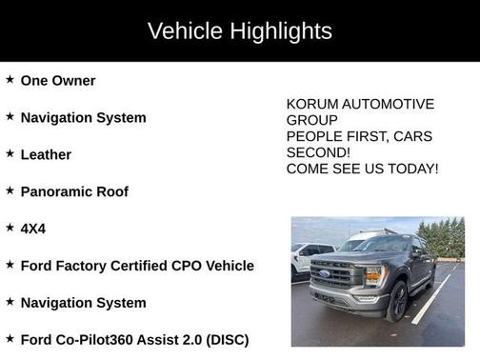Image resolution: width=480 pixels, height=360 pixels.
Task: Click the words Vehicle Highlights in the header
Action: pos(240,30)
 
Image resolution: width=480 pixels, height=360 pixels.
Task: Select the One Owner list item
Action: pos(58,81)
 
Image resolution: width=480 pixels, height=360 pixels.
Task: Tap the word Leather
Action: pos(46,154)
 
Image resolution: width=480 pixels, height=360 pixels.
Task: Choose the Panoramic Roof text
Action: pos(74,191)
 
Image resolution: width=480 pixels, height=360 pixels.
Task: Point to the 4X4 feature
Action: pos(33,229)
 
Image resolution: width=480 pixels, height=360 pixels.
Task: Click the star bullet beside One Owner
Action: pos(10,80)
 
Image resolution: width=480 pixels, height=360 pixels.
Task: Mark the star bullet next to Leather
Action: pos(10,153)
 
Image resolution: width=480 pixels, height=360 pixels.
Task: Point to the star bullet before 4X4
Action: pos(10,228)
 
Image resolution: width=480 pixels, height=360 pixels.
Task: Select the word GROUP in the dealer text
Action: pos(311,120)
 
